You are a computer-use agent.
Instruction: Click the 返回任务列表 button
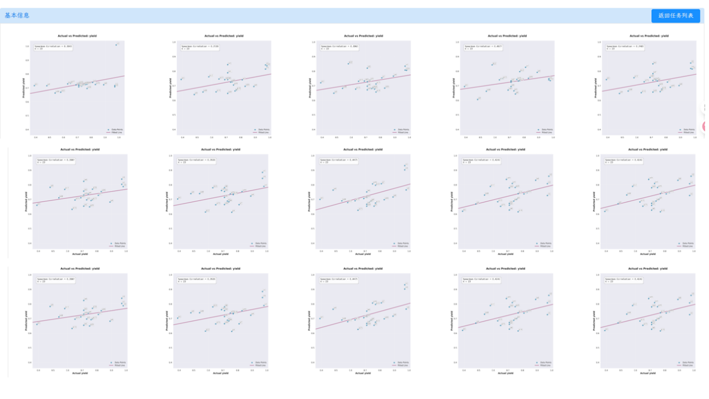pyautogui.click(x=675, y=16)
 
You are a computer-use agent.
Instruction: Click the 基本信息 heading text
pyautogui.click(x=17, y=16)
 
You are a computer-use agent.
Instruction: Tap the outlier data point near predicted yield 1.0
pyautogui.click(x=116, y=44)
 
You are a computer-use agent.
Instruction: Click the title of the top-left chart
pyautogui.click(x=81, y=36)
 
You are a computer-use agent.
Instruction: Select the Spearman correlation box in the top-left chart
pyautogui.click(x=54, y=47)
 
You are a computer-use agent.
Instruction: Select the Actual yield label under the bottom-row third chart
pyautogui.click(x=363, y=373)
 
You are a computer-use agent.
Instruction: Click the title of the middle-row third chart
pyautogui.click(x=363, y=150)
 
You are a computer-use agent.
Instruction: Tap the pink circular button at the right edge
pyautogui.click(x=706, y=127)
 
